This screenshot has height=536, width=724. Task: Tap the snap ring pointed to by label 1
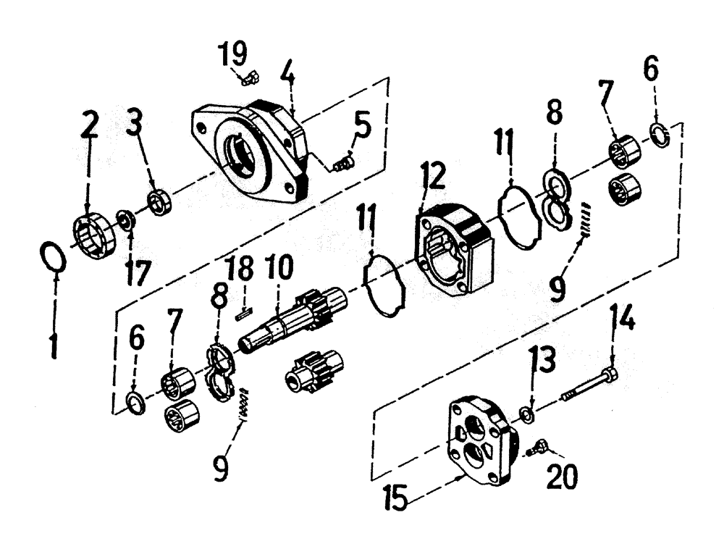point(53,257)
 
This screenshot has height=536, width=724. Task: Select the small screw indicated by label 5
point(342,165)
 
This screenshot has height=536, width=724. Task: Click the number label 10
point(279,268)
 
